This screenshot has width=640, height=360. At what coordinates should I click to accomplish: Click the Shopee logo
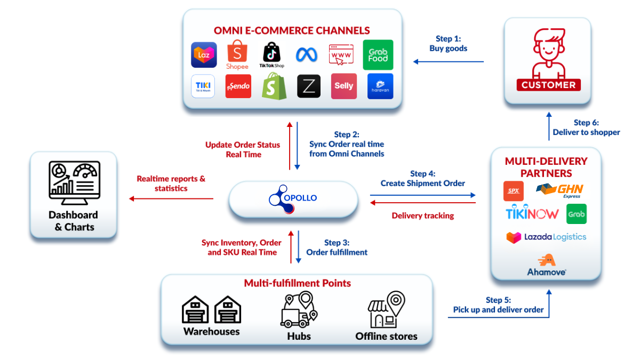(237, 56)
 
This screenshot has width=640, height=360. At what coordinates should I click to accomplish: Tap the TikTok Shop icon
(271, 55)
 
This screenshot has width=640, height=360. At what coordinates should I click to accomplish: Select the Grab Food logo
(378, 55)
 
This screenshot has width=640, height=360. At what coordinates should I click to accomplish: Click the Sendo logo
(238, 86)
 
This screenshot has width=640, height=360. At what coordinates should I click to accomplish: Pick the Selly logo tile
(343, 86)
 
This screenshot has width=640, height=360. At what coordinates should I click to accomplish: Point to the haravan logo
(380, 86)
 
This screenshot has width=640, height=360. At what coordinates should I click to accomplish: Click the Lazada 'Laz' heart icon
(204, 55)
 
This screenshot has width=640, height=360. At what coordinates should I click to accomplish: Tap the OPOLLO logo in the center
(293, 198)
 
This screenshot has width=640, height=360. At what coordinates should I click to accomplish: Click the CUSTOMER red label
(548, 85)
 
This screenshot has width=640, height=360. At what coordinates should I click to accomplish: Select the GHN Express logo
(561, 191)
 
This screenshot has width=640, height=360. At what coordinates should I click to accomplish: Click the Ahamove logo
(546, 265)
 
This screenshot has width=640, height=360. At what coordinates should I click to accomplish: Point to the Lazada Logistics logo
(546, 237)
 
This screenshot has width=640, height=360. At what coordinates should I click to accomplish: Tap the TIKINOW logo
(532, 214)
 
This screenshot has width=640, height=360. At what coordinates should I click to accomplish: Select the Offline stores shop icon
(386, 309)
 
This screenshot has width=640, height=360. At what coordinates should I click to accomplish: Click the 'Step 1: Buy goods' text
(448, 44)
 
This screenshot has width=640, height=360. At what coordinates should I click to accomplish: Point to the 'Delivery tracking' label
(422, 215)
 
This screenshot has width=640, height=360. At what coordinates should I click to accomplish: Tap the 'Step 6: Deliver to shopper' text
(586, 127)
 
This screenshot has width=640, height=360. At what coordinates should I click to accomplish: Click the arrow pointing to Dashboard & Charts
(171, 199)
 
